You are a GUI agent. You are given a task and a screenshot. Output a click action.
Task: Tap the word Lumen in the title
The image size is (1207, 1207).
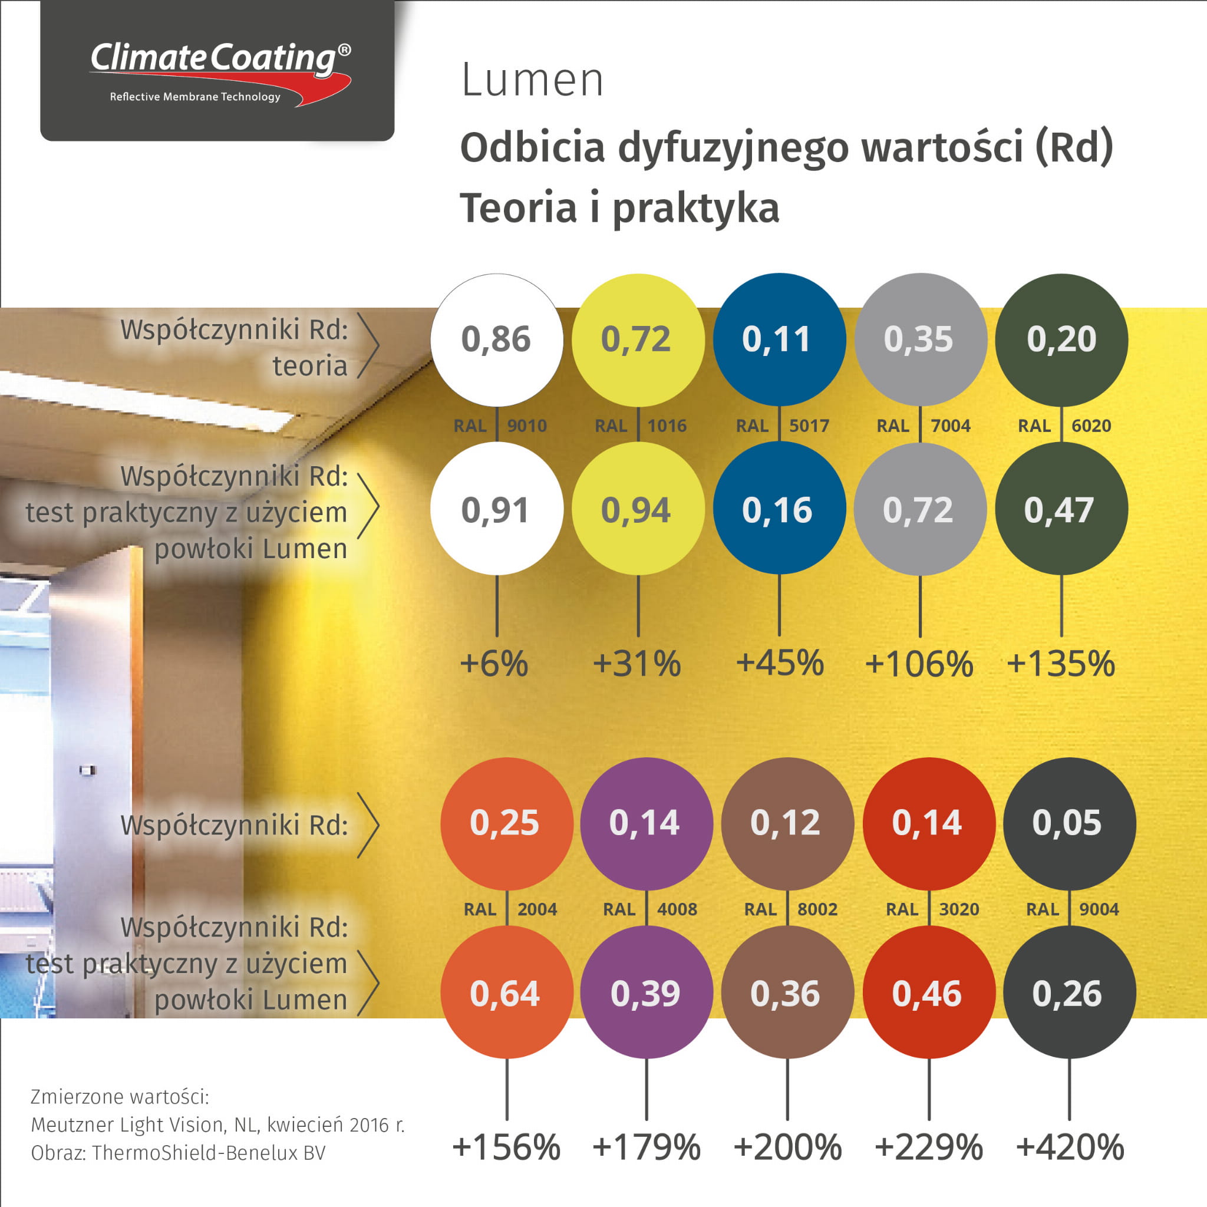point(532,81)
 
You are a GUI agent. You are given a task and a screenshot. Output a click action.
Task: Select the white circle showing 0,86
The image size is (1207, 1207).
point(497,339)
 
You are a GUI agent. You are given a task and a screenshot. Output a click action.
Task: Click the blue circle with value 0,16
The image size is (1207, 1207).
point(779,510)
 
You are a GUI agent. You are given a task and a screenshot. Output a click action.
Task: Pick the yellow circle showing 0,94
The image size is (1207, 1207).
point(638,510)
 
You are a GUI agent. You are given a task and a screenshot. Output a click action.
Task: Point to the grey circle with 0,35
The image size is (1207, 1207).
point(920,339)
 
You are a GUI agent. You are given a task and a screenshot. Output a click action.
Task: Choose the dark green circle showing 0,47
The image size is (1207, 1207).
point(1061,510)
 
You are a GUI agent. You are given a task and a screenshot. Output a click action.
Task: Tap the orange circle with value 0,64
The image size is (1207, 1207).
point(506,993)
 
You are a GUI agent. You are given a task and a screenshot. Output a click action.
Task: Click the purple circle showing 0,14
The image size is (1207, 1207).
point(646,823)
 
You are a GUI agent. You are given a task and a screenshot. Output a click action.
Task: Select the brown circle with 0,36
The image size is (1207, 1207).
point(787,993)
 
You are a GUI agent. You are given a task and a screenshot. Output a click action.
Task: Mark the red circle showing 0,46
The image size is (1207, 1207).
point(928,993)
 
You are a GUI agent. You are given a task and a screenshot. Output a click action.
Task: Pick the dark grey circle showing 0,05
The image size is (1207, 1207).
point(1069,823)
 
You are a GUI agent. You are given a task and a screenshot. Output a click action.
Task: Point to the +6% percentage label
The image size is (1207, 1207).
point(494,664)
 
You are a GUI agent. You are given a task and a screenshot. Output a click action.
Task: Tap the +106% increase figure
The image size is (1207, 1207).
point(919,664)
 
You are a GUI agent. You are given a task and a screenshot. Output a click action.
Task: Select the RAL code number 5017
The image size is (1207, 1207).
point(809,426)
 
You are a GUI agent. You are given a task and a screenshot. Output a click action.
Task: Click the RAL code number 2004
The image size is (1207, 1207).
point(537,909)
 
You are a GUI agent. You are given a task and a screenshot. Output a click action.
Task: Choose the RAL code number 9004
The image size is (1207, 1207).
point(1099,909)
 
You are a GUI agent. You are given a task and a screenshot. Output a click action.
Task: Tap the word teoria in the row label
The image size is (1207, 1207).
point(310,366)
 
